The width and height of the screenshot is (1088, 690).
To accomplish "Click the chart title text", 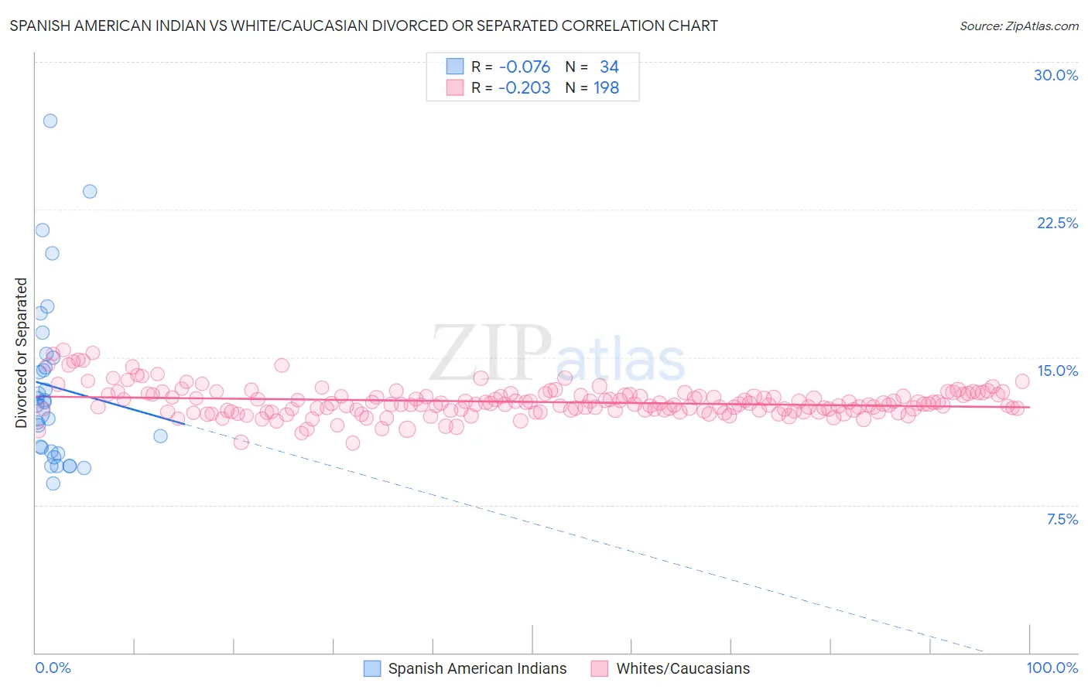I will (x=364, y=26).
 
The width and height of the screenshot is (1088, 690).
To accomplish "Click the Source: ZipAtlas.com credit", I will (x=1018, y=26).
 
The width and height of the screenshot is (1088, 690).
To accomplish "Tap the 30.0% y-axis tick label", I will (x=1055, y=75).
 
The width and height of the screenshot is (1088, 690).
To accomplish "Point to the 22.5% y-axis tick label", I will (x=1057, y=223).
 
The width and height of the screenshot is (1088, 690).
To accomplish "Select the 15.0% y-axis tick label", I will (x=1057, y=371).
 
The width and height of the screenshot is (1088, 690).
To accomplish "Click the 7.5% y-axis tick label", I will (x=1062, y=519).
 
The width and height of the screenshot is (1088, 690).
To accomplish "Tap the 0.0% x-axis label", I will (x=53, y=668).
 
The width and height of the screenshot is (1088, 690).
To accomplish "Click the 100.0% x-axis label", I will (x=1052, y=668).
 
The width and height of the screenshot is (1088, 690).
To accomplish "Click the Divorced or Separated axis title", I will (x=21, y=353).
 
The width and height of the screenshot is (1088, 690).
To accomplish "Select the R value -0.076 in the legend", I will (x=524, y=67).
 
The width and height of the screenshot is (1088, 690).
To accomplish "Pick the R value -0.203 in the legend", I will (x=524, y=87).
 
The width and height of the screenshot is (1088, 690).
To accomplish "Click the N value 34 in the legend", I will (x=609, y=67).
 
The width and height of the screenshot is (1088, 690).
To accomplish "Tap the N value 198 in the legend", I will (x=606, y=87).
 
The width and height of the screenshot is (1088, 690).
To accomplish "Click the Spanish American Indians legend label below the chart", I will (x=477, y=668).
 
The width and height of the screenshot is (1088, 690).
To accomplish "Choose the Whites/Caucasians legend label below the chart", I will (x=683, y=668).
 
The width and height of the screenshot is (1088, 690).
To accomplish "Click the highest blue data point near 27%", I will (x=50, y=121).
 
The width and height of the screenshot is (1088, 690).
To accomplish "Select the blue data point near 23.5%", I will (x=90, y=191).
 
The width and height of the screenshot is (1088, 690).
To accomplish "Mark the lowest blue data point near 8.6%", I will (x=53, y=483).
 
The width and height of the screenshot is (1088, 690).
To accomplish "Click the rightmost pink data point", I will (x=1022, y=381).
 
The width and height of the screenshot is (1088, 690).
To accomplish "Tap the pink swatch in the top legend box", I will (x=454, y=87).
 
